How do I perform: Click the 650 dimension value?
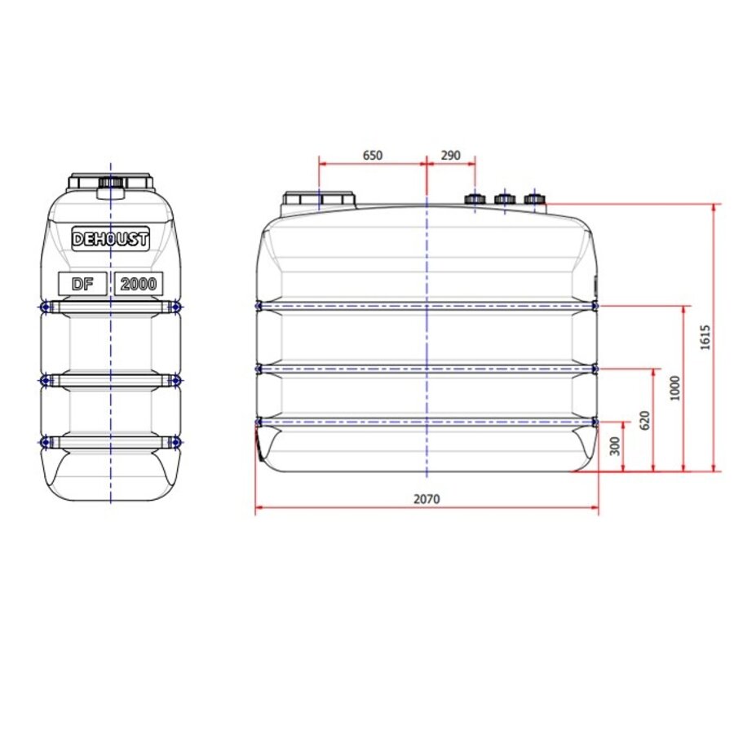click(x=372, y=155)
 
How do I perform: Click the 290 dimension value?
click(x=450, y=155)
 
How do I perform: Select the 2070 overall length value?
click(x=426, y=499)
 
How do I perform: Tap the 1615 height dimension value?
click(x=705, y=338)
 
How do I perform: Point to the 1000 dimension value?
click(x=674, y=388)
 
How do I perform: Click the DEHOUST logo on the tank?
click(x=111, y=239)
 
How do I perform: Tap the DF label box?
click(x=82, y=284)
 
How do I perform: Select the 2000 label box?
click(x=139, y=284)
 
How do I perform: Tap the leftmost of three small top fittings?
click(x=475, y=198)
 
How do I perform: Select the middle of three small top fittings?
click(x=504, y=198)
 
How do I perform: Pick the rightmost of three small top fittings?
click(x=534, y=198)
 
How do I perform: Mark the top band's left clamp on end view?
click(x=45, y=306)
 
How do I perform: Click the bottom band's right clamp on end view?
click(x=175, y=442)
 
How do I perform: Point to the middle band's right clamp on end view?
click(x=175, y=381)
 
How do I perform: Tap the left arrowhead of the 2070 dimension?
click(x=259, y=510)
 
